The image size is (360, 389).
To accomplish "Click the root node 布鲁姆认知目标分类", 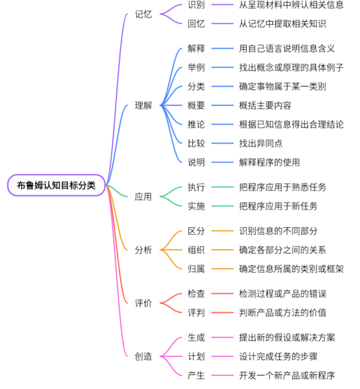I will pos(57,185).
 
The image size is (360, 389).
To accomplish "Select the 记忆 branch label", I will pos(143,14).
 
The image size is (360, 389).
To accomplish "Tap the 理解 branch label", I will pos(143,106).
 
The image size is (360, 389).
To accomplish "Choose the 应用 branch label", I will pos(143,197).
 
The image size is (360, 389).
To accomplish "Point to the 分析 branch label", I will pos(143,250).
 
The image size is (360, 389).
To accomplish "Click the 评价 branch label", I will pos(143,303).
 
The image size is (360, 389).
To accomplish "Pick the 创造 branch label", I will pos(143,356).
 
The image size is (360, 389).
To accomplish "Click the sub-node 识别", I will pos(196,5).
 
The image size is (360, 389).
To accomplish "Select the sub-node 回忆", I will pos(196,24).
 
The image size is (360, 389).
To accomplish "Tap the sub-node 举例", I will pos(196,68).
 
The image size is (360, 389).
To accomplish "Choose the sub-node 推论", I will pos(196,124).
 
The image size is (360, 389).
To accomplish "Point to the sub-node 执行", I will pos(196,187).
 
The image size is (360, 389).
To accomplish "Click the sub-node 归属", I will pos(196,269).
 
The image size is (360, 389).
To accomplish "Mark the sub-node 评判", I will pos(196,313).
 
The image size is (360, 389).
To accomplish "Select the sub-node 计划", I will pos(196,356).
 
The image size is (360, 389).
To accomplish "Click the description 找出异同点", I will pos(261,143).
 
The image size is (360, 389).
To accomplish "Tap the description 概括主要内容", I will pos(265,106).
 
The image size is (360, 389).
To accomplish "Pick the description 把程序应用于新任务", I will pos(278,206).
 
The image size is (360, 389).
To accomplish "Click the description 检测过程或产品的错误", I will pos(283,294).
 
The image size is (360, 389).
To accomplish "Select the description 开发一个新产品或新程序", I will pos(287,375).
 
